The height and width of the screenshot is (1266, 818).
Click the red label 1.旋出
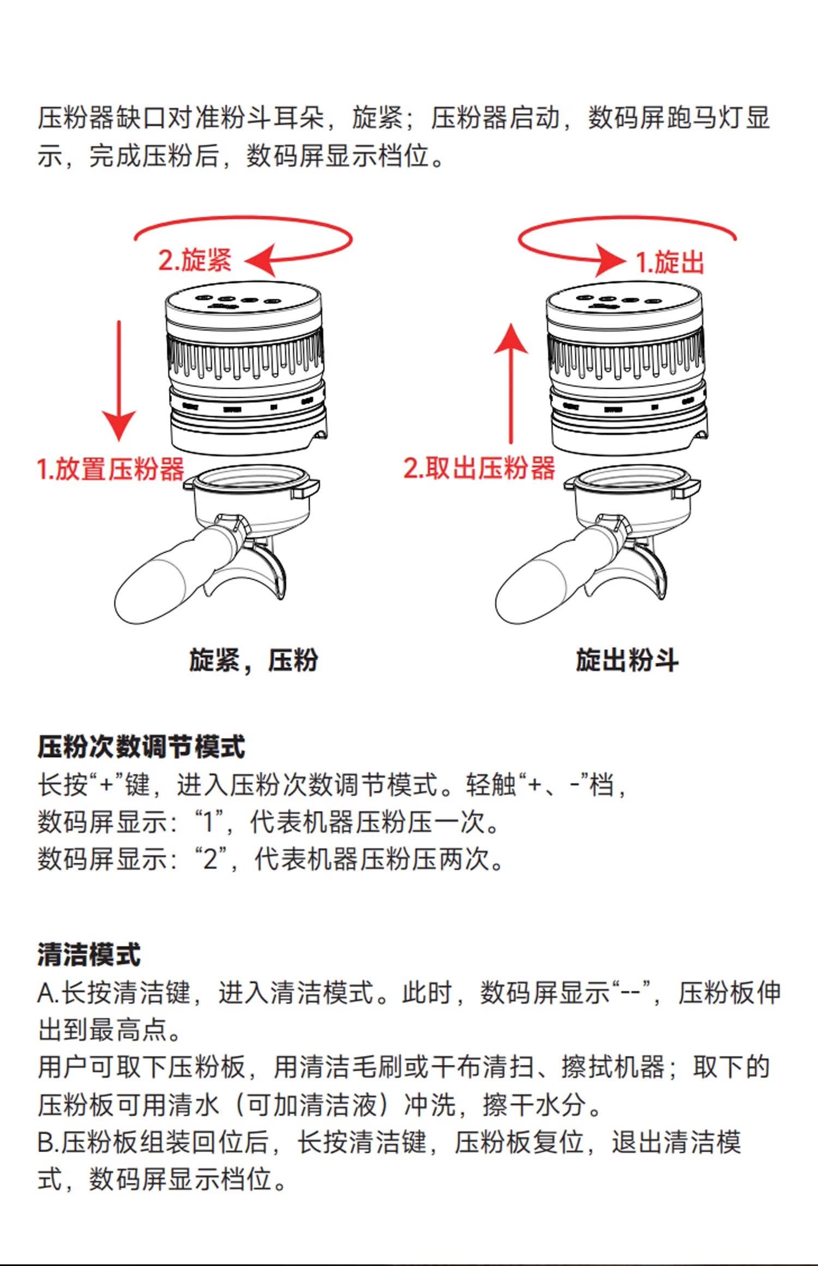[670, 262]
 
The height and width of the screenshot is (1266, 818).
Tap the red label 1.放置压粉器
[111, 469]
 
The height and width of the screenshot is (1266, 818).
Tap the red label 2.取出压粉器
[479, 468]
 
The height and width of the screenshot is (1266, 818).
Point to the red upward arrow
[511, 381]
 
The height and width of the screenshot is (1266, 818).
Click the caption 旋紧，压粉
[254, 660]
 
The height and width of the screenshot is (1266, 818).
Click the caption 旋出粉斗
[627, 660]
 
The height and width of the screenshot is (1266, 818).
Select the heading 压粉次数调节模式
[141, 746]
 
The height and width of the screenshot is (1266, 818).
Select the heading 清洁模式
[89, 955]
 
